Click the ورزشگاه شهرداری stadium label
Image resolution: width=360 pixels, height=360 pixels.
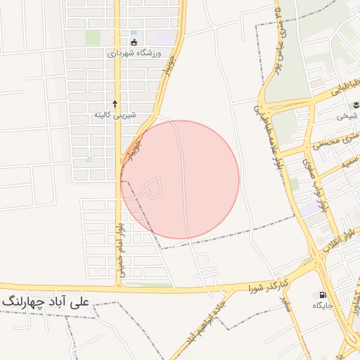pyautogui.click(x=134, y=53)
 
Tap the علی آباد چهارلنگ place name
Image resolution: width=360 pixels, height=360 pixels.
pyautogui.click(x=45, y=302)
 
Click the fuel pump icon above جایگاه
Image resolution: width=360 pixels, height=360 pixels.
pyautogui.click(x=323, y=295)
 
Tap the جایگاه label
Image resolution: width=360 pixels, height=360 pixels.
pyautogui.click(x=323, y=306)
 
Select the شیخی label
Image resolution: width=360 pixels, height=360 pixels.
pyautogui.click(x=345, y=116)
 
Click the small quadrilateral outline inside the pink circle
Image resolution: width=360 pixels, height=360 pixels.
pyautogui.click(x=153, y=187)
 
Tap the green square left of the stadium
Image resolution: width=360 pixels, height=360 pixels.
pyautogui.click(x=93, y=37)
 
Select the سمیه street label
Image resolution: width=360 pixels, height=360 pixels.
pyautogui.click(x=347, y=162)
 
